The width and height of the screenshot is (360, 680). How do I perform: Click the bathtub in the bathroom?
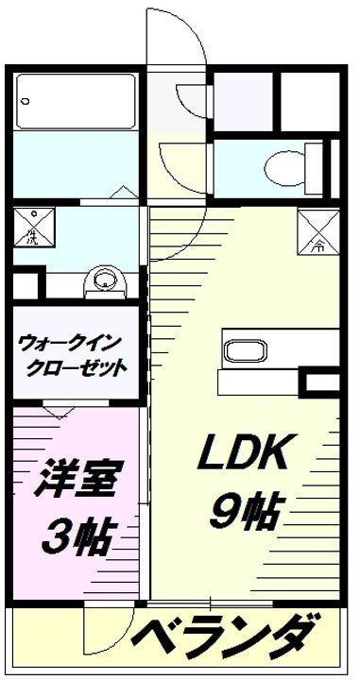[77, 100]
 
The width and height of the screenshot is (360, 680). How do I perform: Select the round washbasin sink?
[104, 280]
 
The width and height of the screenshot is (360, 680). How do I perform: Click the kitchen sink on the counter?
[245, 349]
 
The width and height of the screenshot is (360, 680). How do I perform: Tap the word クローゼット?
[82, 366]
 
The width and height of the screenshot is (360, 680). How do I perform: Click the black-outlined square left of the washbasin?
[26, 284]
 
